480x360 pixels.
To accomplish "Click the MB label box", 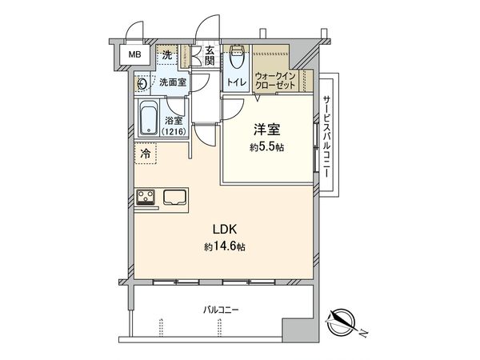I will click(x=128, y=56).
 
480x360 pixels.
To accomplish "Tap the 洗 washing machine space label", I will click(x=167, y=55).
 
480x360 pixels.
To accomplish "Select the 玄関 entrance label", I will click(x=210, y=55).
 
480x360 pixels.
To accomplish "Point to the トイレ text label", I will click(x=236, y=81).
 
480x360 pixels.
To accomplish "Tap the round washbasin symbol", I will click(x=142, y=82).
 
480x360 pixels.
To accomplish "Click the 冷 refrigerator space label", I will click(x=146, y=154).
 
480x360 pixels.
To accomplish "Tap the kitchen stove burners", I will click(x=147, y=196).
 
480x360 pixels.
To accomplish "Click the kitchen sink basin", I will click(x=174, y=196).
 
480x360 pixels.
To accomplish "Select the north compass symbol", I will click(x=343, y=322).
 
